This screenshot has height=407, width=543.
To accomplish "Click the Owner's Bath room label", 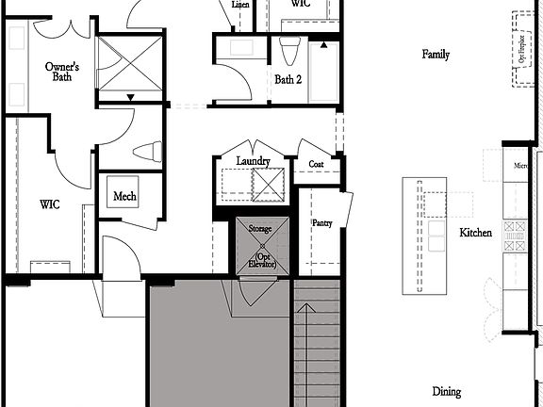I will click(61, 73).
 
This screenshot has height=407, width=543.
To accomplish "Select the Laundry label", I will click(254, 161).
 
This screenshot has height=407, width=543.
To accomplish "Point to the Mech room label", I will click(124, 196).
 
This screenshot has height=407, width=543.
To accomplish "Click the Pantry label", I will click(321, 222).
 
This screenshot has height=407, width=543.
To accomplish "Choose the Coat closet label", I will click(317, 164).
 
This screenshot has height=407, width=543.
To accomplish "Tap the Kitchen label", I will click(475, 232).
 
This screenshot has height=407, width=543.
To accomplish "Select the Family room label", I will click(436, 55).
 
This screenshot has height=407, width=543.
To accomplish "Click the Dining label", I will click(447, 391).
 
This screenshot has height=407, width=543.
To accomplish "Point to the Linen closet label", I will click(240, 5).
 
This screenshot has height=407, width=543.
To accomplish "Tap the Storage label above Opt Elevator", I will click(259, 229).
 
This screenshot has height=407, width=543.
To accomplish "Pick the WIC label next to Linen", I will click(301, 4).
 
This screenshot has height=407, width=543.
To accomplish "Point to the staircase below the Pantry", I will click(316, 349).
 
